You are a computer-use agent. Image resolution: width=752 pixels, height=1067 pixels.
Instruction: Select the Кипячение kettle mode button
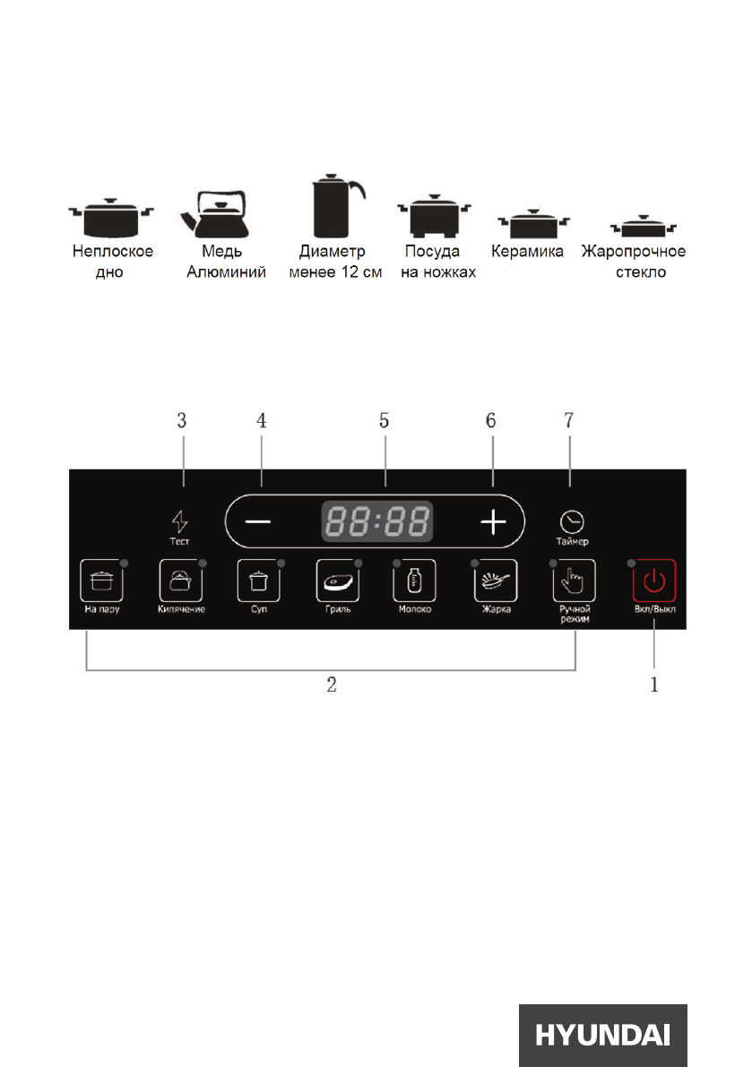177,581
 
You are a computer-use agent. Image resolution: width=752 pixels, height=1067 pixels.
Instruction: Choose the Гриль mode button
336,581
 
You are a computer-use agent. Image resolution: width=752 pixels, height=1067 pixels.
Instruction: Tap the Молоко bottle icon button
414,581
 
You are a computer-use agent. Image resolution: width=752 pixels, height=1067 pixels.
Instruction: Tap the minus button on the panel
257,522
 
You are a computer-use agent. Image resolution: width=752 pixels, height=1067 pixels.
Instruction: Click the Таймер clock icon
570,521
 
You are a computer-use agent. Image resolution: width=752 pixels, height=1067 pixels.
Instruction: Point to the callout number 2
331,686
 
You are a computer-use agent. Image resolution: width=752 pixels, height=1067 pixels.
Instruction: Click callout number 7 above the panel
569,420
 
